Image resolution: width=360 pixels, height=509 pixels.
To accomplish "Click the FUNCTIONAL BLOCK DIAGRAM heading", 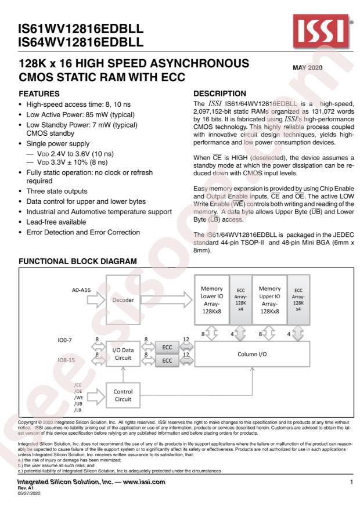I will click(x=78, y=262).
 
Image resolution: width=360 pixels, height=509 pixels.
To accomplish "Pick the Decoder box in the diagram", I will click(x=123, y=301).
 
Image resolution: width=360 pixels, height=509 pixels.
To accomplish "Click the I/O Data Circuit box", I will click(x=123, y=355).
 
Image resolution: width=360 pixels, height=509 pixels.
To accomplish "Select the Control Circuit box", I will click(x=123, y=395).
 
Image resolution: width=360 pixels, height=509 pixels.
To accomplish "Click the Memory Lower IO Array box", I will click(x=211, y=299).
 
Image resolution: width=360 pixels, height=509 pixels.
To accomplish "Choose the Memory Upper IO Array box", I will click(x=269, y=299).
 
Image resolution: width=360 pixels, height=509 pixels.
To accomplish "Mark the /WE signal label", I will click(x=78, y=396).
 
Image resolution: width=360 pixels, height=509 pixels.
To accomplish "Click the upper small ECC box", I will click(x=167, y=347).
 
